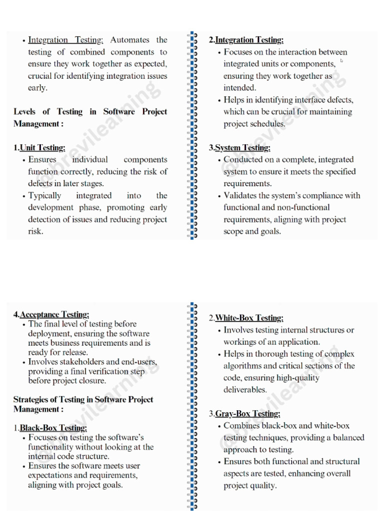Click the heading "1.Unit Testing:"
pyautogui.click(x=39, y=148)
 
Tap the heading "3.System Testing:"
pyautogui.click(x=239, y=148)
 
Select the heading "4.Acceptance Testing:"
pyautogui.click(x=51, y=314)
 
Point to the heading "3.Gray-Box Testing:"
pyautogui.click(x=244, y=414)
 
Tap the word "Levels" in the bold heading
pyautogui.click(x=24, y=112)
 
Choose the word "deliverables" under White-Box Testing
pyautogui.click(x=245, y=390)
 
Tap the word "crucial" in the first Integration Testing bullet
pyautogui.click(x=41, y=76)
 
